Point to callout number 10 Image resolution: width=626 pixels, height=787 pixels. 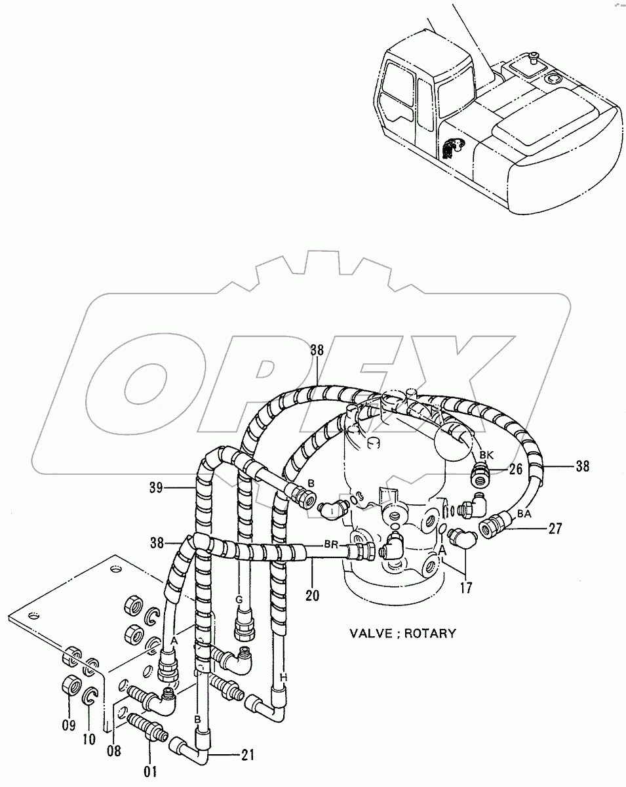pyautogui.click(x=90, y=739)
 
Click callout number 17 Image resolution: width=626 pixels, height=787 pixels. pyautogui.click(x=465, y=588)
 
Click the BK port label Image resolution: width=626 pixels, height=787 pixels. pyautogui.click(x=486, y=455)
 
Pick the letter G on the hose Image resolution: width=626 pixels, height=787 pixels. pyautogui.click(x=240, y=599)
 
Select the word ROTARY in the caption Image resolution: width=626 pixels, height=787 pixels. pyautogui.click(x=431, y=634)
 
